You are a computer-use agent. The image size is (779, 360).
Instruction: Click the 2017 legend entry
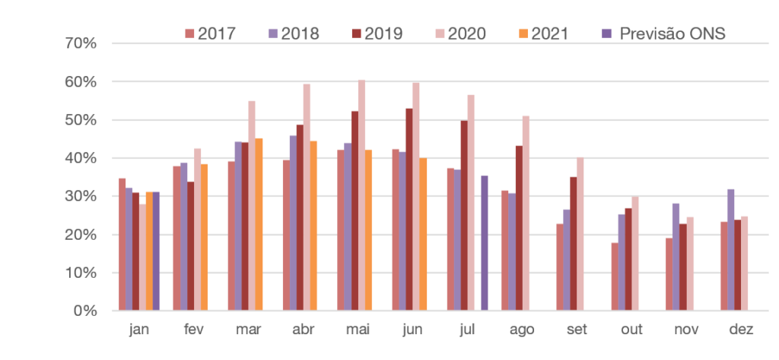pyautogui.click(x=211, y=33)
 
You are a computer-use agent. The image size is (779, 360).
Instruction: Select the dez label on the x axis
pyautogui.click(x=740, y=330)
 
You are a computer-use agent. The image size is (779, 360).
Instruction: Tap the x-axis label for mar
pyautogui.click(x=247, y=330)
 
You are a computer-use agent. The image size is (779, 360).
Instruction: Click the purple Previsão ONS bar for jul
pyautogui.click(x=485, y=243)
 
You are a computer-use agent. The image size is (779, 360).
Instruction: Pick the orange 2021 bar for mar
pyautogui.click(x=260, y=224)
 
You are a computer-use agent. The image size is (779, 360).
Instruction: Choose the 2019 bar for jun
pyautogui.click(x=409, y=209)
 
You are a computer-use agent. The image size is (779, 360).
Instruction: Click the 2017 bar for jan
pyautogui.click(x=122, y=244)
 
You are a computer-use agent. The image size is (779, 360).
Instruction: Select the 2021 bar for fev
pyautogui.click(x=204, y=237)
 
